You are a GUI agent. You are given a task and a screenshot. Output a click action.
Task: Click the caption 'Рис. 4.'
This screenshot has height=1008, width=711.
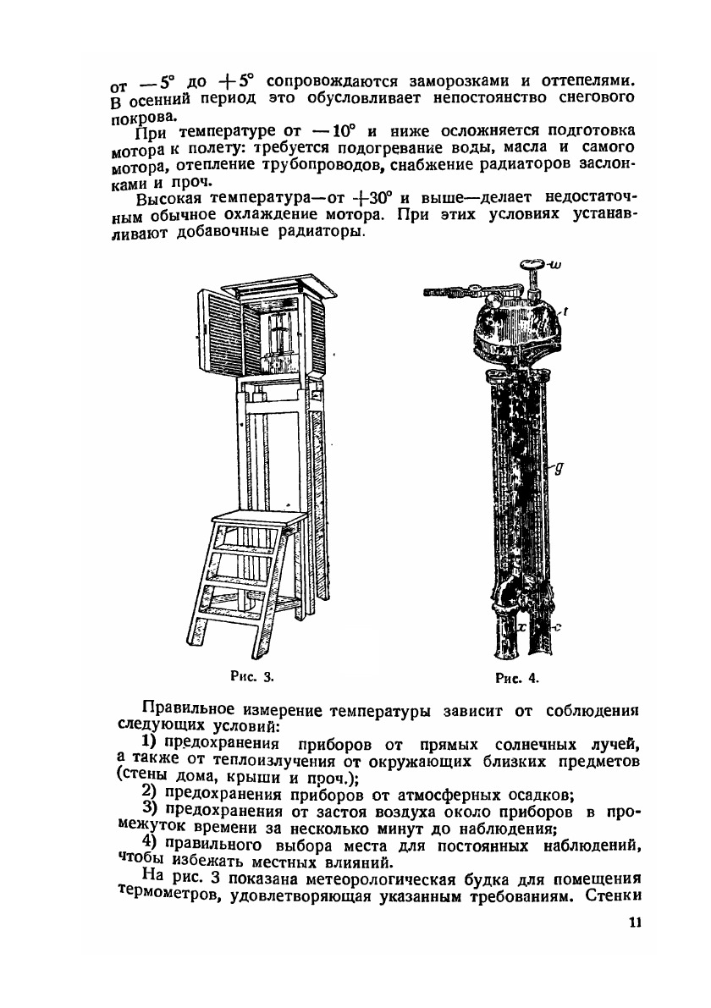(x=517, y=677)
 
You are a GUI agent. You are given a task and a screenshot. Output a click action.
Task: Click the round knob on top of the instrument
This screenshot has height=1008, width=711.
(x=531, y=269)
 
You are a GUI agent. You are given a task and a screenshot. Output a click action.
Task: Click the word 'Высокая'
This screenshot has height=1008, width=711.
(x=166, y=199)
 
